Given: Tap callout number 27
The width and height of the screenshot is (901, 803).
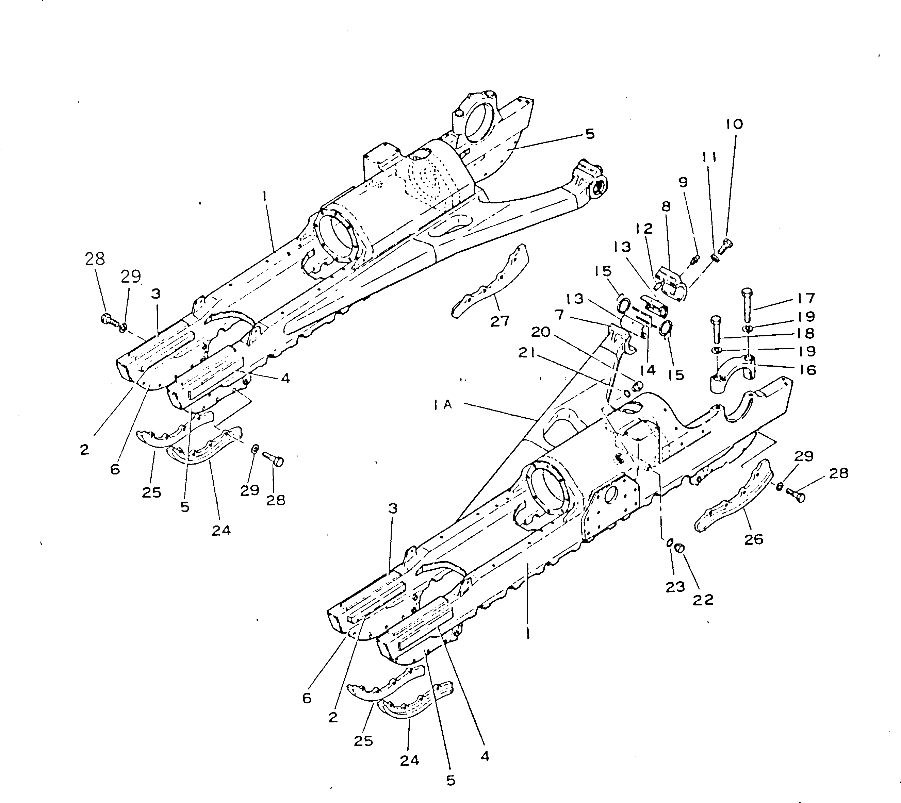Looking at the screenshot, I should (x=500, y=321).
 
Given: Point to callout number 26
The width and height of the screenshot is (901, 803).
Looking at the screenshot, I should (x=754, y=539).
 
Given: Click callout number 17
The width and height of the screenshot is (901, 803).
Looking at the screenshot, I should (x=806, y=299).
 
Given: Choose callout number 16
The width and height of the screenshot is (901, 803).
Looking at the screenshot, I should (x=808, y=370).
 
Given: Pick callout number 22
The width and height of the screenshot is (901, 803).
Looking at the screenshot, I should (x=703, y=600).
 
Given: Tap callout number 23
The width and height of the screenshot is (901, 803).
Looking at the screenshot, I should (x=675, y=587).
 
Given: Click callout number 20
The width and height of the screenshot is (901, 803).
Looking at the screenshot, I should (x=541, y=332).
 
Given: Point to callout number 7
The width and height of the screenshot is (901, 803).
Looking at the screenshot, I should (x=559, y=315).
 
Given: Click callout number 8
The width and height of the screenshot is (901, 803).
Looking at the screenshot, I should (x=666, y=206).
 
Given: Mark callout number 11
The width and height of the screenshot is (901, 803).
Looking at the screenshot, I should (x=709, y=157).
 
